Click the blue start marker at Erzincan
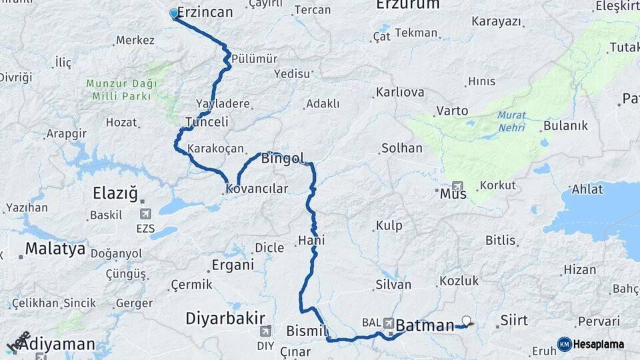[x=175, y=13]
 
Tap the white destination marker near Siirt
[x=465, y=321]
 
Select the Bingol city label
[x=283, y=159]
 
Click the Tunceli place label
[x=207, y=122]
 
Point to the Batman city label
[x=425, y=326]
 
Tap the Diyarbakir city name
[x=225, y=317]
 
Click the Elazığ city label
[x=115, y=194]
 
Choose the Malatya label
[x=55, y=249]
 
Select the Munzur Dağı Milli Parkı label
[x=121, y=90]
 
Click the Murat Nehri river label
[x=511, y=120]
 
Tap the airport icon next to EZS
[x=145, y=214]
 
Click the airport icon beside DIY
[x=265, y=331]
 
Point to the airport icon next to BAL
[x=388, y=322]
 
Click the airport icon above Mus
[x=457, y=186]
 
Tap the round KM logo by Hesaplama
[x=565, y=344]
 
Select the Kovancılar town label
[x=257, y=189]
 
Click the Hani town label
[x=311, y=240]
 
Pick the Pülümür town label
[x=255, y=59]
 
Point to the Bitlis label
[x=501, y=240]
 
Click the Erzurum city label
[x=407, y=5]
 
